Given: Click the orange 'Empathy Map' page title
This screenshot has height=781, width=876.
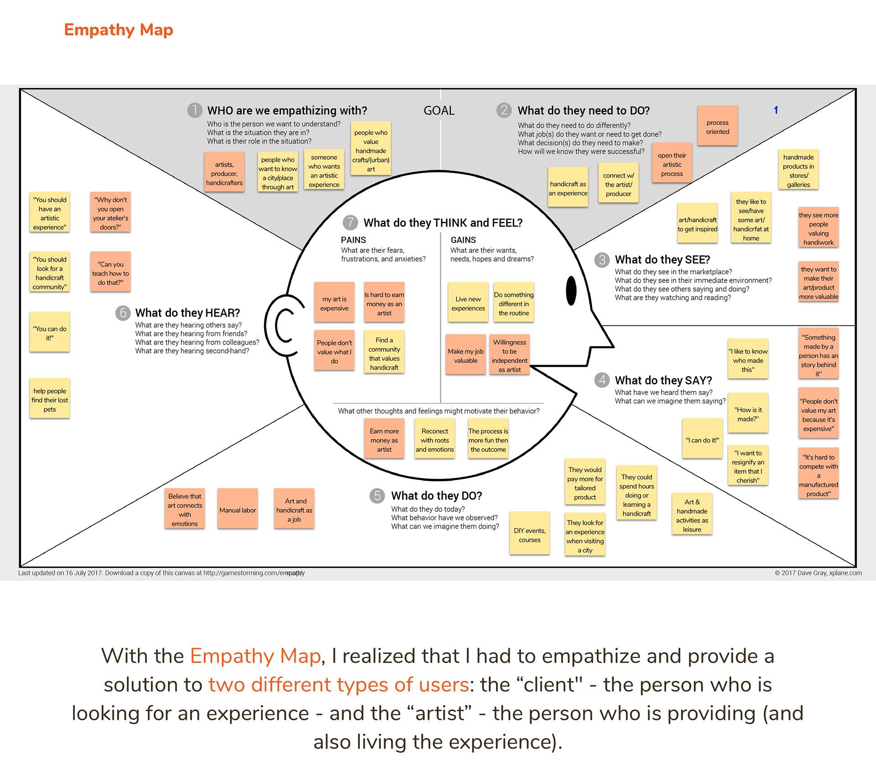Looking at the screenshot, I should pos(119,30).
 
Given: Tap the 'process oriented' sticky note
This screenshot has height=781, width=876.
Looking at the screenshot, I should pos(717,126).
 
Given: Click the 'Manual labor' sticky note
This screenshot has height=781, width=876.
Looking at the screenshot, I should pos(238,509).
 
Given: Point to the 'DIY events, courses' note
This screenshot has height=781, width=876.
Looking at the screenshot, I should pos(529,535).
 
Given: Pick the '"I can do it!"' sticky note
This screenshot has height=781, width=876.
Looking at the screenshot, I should pos(702,440).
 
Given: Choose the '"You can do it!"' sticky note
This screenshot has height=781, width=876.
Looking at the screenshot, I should pos(50,333).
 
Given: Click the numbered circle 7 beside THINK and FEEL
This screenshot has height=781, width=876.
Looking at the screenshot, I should pos(350,223).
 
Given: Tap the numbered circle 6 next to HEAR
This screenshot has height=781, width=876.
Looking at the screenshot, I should pos(123,313).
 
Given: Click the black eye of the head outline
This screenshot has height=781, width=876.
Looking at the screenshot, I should pos(571,291).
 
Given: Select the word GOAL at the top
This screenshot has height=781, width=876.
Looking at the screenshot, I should pos(439,110).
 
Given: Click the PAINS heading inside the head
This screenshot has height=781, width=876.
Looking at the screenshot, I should pos(353,240).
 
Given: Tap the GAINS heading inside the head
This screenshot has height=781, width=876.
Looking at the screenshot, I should pos(463,240).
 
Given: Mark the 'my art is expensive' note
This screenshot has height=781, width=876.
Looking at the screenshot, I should pos(334,303).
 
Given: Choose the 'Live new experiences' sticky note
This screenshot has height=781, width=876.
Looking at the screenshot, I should pos(468,303).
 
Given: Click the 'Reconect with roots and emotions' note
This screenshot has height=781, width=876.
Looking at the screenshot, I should pos(435,440).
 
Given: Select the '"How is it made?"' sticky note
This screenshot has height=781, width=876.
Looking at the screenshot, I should pos(748,414).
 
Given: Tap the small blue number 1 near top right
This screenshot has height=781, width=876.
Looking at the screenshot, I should pos(776,110).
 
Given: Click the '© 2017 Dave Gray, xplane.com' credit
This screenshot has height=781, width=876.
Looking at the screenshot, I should pos(818,573).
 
